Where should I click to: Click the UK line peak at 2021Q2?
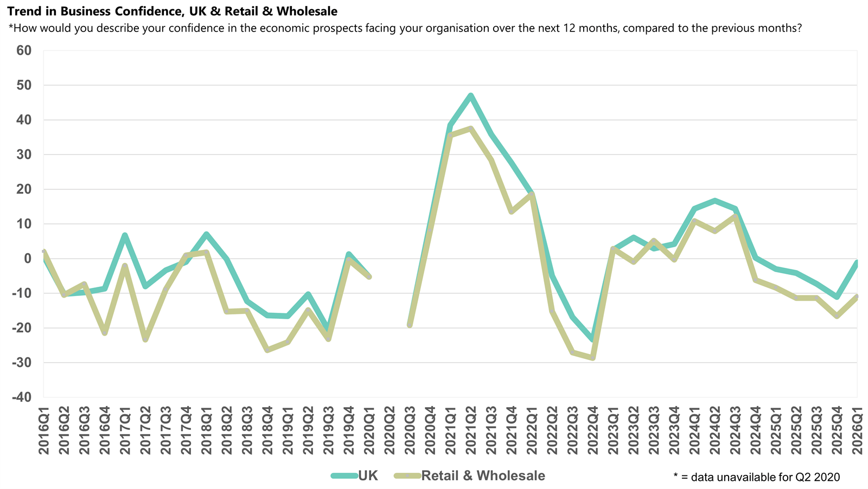coord(470,95)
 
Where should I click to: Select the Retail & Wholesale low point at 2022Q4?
coord(592,358)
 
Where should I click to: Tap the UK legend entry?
coord(355,475)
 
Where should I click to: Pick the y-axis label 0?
coord(27,259)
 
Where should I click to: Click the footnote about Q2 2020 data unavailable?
coord(756,477)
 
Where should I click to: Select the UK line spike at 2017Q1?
coord(125,235)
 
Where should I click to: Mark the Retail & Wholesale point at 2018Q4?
coord(267,350)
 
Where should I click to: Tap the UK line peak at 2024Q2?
coord(715,201)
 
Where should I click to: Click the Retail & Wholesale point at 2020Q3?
coord(410,325)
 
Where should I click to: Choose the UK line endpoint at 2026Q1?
coord(857,262)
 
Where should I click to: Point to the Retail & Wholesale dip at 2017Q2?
coord(145,340)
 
